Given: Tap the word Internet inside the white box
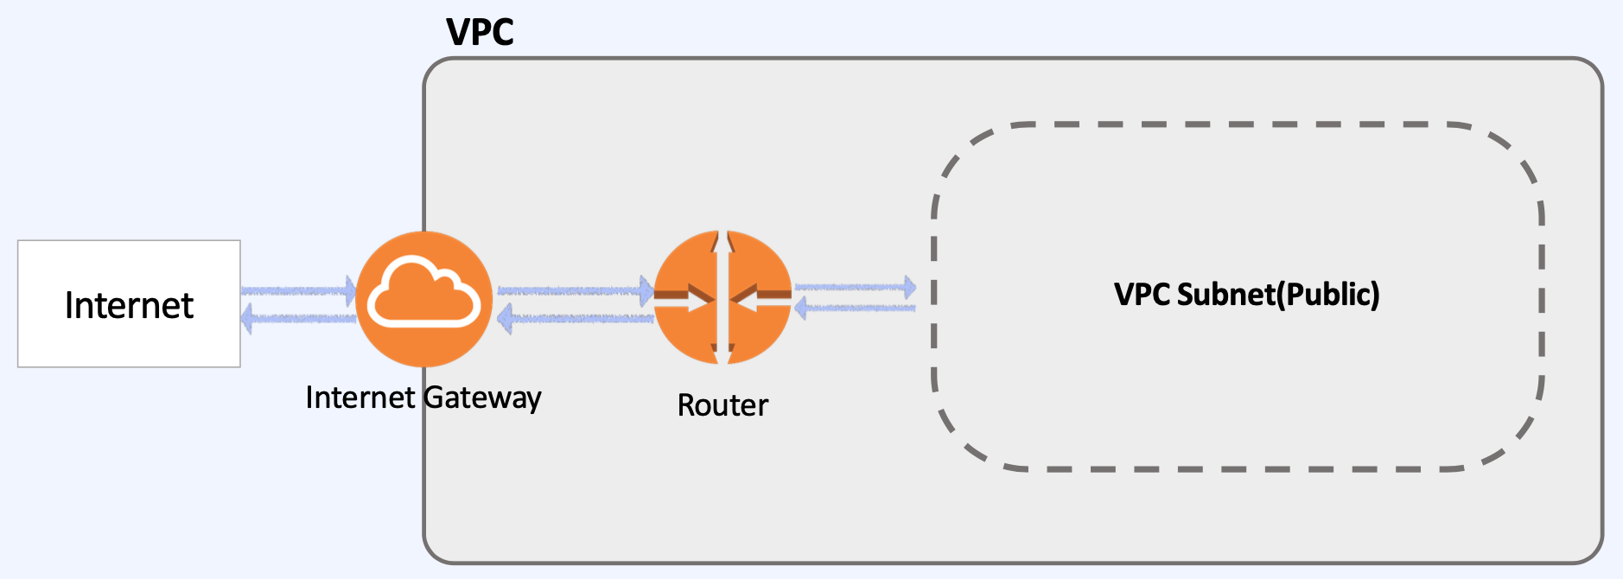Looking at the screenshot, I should click(129, 306).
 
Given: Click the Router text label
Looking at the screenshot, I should click(722, 405).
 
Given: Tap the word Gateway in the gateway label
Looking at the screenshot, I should click(482, 398).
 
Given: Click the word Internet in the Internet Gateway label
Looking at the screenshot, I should click(360, 398).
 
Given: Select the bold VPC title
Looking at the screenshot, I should click(480, 33).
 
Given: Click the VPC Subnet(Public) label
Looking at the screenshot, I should click(1246, 295).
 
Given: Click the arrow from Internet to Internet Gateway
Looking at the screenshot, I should click(298, 290).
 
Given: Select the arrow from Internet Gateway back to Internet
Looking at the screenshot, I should click(298, 319).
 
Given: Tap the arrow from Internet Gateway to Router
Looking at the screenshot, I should click(575, 290).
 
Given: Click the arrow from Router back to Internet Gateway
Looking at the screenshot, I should click(575, 319).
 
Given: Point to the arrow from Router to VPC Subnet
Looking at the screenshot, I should click(856, 286).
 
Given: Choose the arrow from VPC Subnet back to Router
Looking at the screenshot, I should click(856, 308).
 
